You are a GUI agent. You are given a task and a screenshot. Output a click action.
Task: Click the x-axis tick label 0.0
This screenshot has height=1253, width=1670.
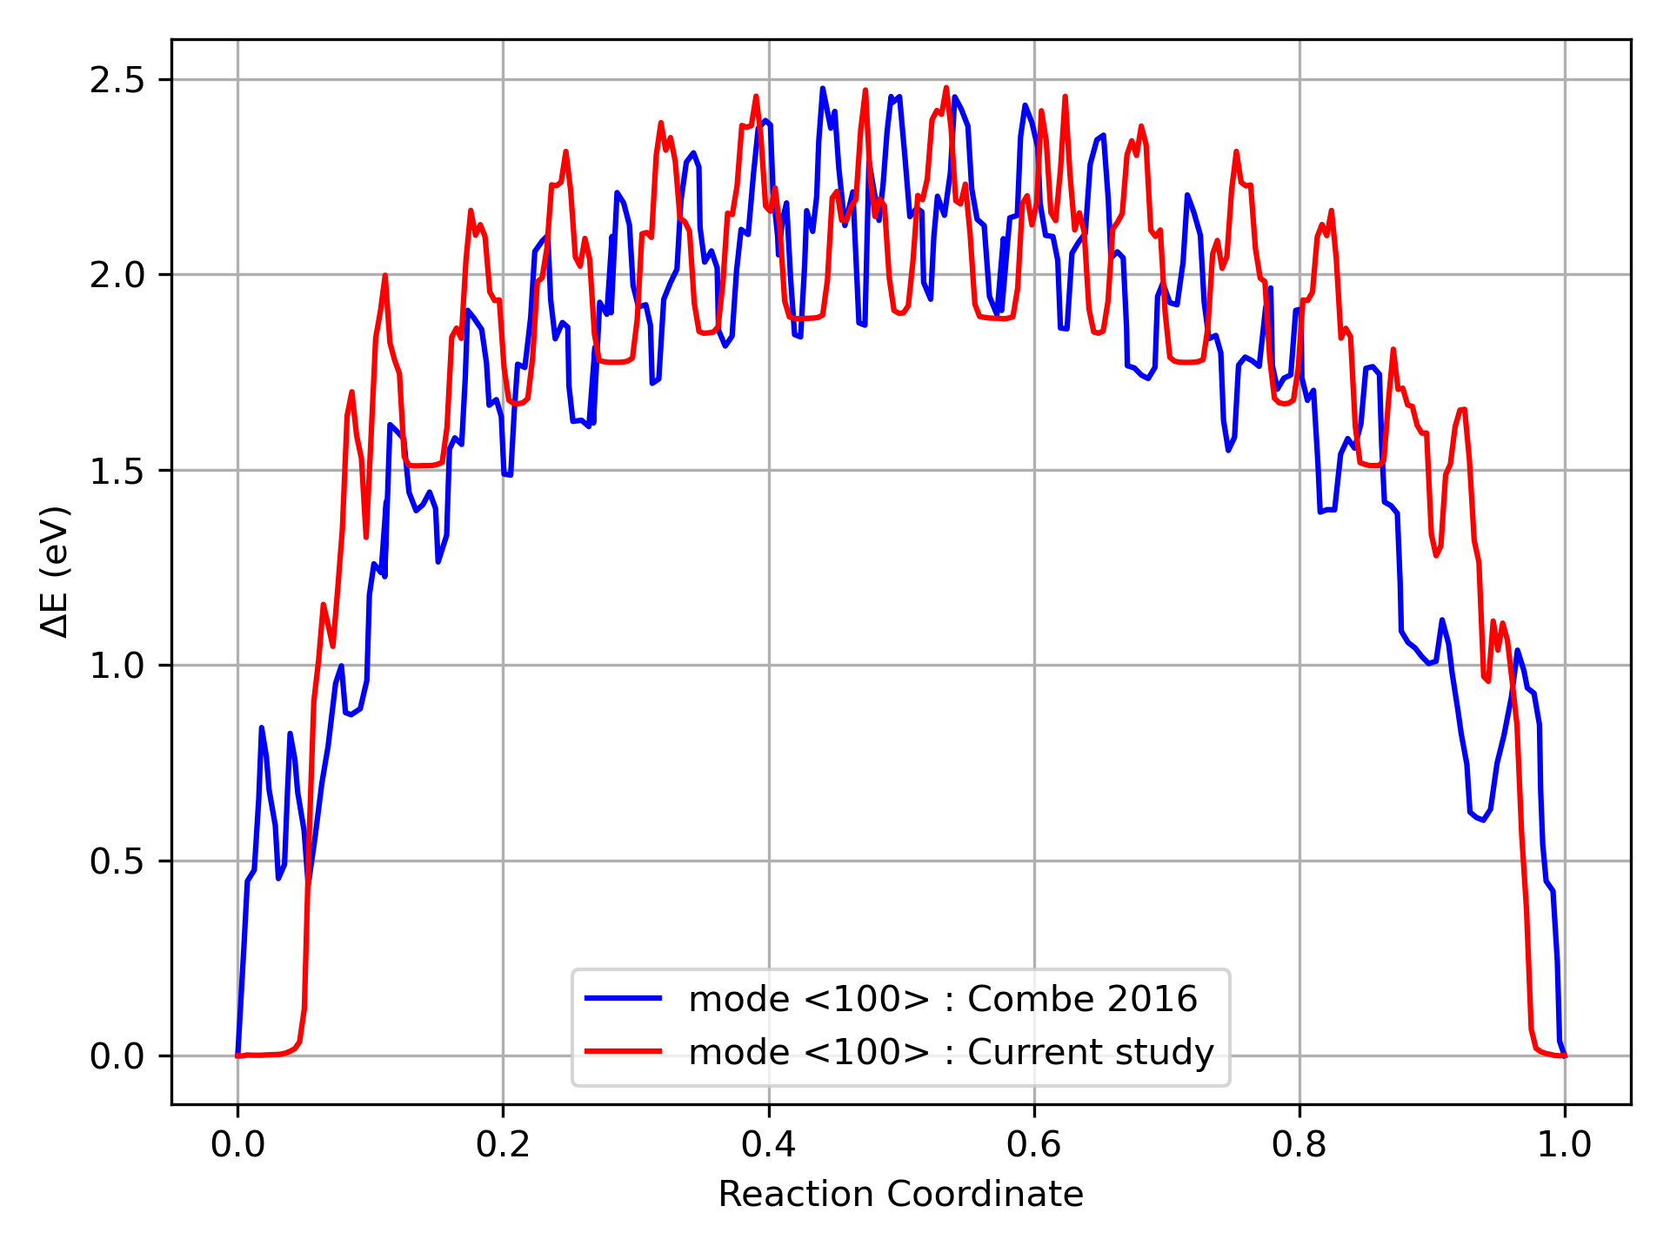coord(237,1144)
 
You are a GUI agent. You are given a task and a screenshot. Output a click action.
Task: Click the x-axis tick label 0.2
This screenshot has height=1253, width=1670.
coord(503,1144)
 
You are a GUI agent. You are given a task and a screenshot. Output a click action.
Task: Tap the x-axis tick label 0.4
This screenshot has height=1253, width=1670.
coord(769,1144)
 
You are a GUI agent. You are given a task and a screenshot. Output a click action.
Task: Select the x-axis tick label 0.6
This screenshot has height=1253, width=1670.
coord(1034,1144)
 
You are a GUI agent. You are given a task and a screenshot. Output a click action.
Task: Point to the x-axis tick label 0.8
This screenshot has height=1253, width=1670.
coord(1299,1144)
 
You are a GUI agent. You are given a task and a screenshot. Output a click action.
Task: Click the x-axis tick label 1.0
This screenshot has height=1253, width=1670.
coord(1565,1144)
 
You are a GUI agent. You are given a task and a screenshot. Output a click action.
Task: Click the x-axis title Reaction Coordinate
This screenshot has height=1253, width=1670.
coord(900,1195)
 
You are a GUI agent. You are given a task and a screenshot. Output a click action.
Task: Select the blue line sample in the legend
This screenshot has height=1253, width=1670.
coord(623,999)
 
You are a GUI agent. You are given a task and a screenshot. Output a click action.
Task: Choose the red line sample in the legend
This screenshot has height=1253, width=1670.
coord(623,1052)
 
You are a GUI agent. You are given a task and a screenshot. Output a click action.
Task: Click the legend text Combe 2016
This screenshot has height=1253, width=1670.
coord(1082,999)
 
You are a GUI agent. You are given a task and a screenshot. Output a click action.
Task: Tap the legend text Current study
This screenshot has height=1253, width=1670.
coord(1090,1052)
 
